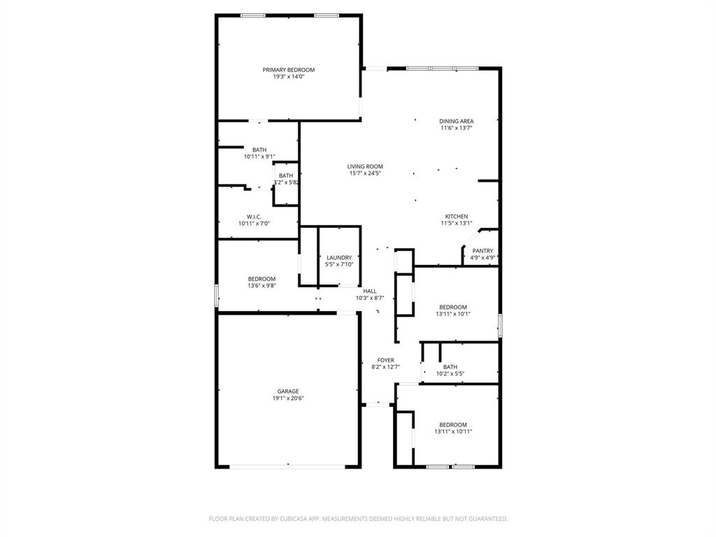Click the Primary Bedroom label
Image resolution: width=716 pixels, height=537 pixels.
point(288,70)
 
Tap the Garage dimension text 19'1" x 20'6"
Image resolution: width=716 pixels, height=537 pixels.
point(288,398)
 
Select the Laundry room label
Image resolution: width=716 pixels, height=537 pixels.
point(339,257)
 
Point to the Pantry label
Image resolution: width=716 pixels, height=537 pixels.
point(482,251)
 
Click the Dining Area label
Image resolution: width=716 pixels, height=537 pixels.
point(457,121)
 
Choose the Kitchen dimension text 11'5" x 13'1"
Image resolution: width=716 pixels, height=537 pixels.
point(457,224)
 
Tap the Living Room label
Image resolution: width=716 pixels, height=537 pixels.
point(365,166)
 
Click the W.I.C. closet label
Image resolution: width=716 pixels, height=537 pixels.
point(254,217)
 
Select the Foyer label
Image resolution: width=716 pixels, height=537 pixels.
point(385,360)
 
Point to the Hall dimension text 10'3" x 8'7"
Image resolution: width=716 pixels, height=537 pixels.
point(370,298)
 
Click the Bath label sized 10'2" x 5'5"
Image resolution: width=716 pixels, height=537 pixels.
point(450,366)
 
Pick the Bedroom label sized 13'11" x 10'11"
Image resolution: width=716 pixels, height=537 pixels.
point(453,425)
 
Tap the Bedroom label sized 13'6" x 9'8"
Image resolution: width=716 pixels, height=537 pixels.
point(262,279)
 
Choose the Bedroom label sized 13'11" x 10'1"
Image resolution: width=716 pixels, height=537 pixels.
point(453,307)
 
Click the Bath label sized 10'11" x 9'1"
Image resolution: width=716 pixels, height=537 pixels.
point(259,150)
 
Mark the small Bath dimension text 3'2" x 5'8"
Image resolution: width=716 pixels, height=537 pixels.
point(286,182)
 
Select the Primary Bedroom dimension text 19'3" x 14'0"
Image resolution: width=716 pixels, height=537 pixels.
point(288,77)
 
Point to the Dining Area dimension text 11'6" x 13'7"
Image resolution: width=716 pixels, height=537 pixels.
point(457,128)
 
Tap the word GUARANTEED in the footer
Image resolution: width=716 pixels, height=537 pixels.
point(486,519)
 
